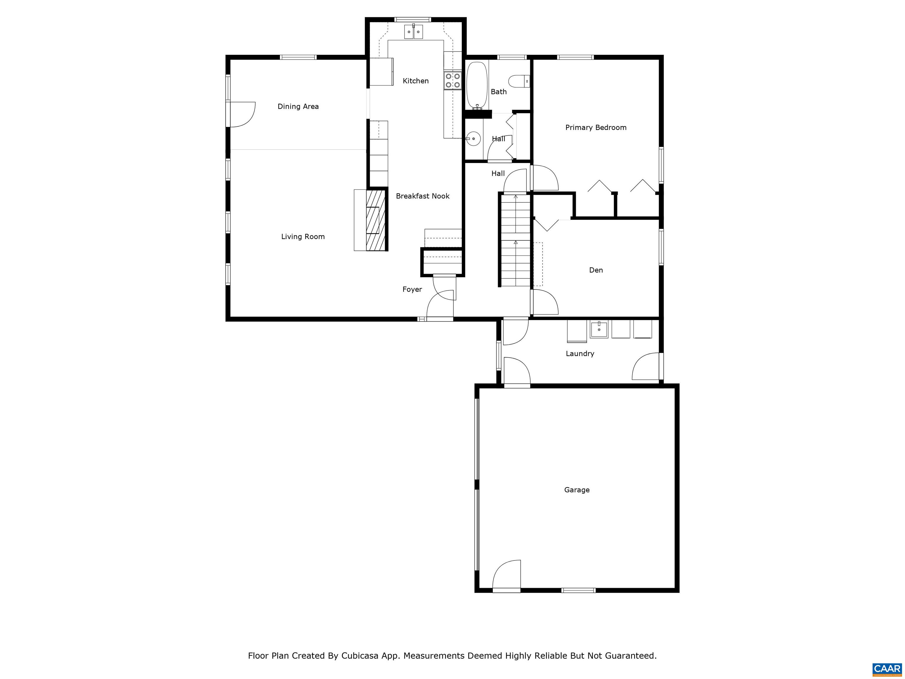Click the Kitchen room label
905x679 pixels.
[x=415, y=81]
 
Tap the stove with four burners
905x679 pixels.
[x=452, y=80]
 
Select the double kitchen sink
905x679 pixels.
[x=413, y=32]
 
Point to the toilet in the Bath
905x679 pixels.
[x=519, y=81]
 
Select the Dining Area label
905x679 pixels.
[x=298, y=106]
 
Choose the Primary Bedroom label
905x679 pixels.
[x=596, y=128]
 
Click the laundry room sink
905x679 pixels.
[x=599, y=329]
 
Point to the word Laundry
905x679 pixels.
[x=580, y=354]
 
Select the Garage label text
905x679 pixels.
[x=577, y=490]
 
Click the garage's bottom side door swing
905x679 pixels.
[x=507, y=576]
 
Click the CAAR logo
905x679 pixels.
[x=887, y=669]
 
